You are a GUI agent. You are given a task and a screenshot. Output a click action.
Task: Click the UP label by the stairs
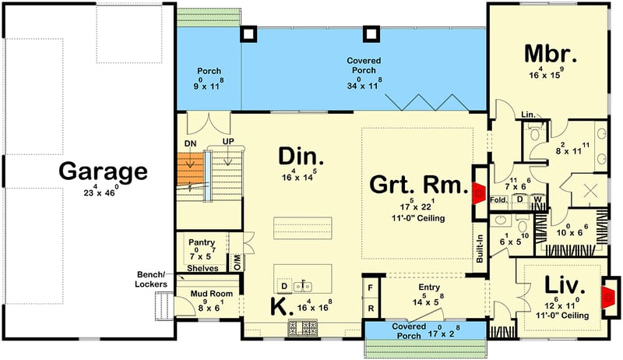point(228,141)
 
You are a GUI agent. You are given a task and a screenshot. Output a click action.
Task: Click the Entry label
point(429,288)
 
